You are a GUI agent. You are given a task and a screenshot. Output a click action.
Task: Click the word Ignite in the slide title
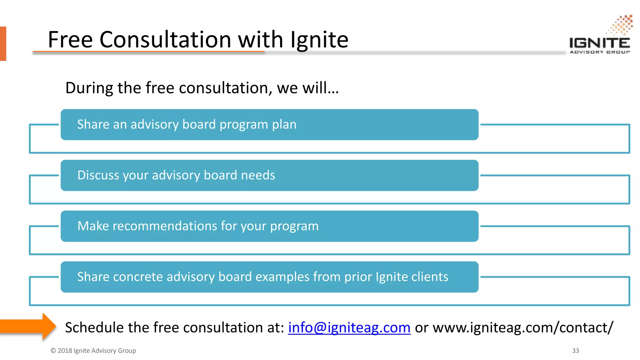pyautogui.click(x=319, y=40)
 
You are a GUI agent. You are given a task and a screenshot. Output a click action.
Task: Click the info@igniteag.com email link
pyautogui.click(x=349, y=327)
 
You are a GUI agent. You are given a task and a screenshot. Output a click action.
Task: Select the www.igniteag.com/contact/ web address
pyautogui.click(x=523, y=327)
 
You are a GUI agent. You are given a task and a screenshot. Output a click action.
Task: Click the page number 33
pyautogui.click(x=576, y=351)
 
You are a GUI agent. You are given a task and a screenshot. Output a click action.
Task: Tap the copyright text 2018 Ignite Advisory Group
pyautogui.click(x=93, y=351)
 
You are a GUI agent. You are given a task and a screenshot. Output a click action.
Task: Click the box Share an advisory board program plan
pyautogui.click(x=269, y=125)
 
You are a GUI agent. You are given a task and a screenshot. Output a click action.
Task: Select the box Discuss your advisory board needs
pyautogui.click(x=269, y=175)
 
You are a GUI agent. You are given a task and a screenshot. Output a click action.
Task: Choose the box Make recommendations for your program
pyautogui.click(x=269, y=226)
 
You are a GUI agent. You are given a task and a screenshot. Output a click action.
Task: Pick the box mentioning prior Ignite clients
pyautogui.click(x=269, y=277)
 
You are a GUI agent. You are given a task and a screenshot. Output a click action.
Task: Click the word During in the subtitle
pyautogui.click(x=89, y=88)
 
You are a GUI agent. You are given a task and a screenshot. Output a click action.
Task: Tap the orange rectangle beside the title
pyautogui.click(x=3, y=43)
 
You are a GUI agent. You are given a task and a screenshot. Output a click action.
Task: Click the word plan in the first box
pyautogui.click(x=284, y=125)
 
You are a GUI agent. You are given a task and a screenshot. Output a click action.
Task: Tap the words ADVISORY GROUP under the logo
pyautogui.click(x=600, y=52)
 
